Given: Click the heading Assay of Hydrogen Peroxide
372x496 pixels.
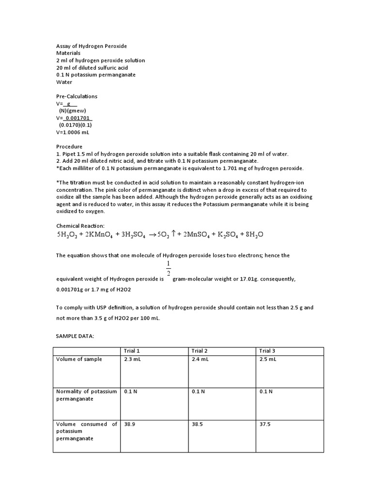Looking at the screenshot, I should [x=92, y=46].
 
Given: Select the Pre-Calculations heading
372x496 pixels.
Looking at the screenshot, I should [x=77, y=96].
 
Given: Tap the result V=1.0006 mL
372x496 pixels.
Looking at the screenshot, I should [x=73, y=132].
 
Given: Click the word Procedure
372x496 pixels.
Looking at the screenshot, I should [x=69, y=146].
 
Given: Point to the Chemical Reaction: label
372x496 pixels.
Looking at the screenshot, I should [x=80, y=226].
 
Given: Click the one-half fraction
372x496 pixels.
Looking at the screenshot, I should [x=168, y=268].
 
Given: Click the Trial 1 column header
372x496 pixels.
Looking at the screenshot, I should [x=132, y=351].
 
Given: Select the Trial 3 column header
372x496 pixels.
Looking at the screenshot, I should [x=267, y=351].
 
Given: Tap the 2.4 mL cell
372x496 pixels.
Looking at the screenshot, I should [x=200, y=359].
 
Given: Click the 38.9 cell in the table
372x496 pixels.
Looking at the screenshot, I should [x=129, y=424].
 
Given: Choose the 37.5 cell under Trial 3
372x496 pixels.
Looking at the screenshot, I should [x=265, y=424].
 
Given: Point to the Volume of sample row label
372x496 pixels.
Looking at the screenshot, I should [x=79, y=359].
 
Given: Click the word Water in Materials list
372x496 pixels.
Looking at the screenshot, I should [x=64, y=82].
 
